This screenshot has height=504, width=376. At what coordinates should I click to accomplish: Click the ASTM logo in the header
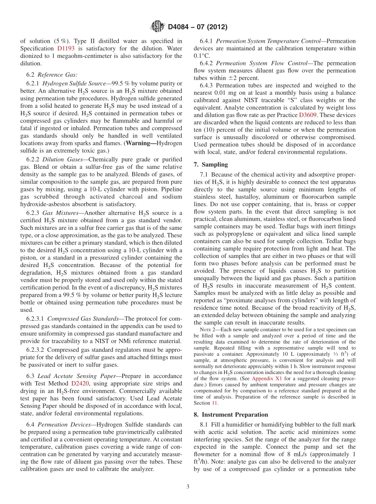click(158, 27)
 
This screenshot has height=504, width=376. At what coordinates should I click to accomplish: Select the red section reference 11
click(216, 403)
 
